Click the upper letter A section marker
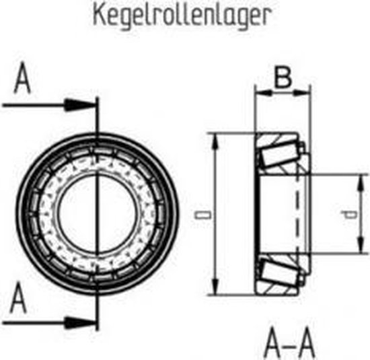pyautogui.click(x=22, y=77)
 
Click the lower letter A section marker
pyautogui.click(x=18, y=298)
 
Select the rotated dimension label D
pyautogui.click(x=202, y=215)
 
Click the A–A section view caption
pyautogui.click(x=289, y=344)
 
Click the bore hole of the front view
pyautogui.click(x=98, y=213)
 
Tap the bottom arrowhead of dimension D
pyautogui.click(x=215, y=287)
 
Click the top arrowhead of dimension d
pyautogui.click(x=361, y=183)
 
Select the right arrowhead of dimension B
pyautogui.click(x=302, y=93)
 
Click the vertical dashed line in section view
pyautogui.click(x=297, y=213)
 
